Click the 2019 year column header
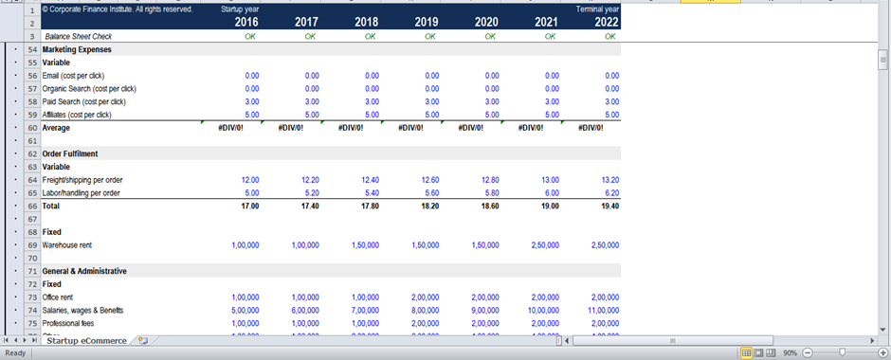[x=426, y=22]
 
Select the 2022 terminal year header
[x=606, y=22]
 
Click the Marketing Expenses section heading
[x=77, y=49]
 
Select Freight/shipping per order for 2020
[x=488, y=180]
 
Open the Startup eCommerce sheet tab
[x=86, y=341]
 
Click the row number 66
[x=32, y=206]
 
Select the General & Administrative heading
[x=84, y=271]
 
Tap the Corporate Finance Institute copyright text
[x=118, y=9]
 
